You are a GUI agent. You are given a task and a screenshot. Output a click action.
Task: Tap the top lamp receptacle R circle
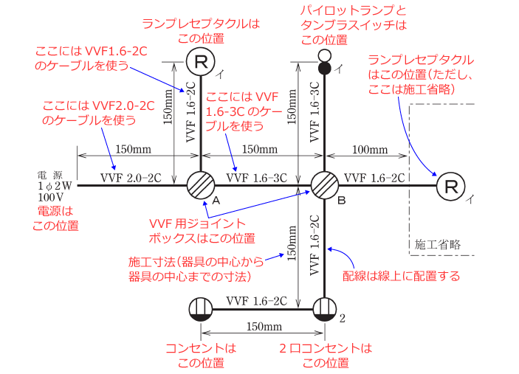pyautogui.click(x=200, y=60)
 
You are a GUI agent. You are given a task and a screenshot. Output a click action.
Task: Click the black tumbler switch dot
pyautogui.click(x=324, y=69)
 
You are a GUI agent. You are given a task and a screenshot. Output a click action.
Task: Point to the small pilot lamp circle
pyautogui.click(x=324, y=56)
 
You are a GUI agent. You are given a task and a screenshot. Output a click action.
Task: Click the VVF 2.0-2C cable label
pyautogui.click(x=131, y=177)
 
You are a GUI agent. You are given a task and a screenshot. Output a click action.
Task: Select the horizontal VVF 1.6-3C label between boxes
pyautogui.click(x=256, y=177)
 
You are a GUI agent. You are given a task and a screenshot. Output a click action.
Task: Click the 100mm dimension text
pyautogui.click(x=368, y=150)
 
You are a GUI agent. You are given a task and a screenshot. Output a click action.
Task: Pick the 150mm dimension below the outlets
pyautogui.click(x=262, y=327)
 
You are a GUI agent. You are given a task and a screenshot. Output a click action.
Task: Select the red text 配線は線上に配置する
pyautogui.click(x=402, y=277)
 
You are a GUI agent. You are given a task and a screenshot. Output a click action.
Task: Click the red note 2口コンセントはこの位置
pyautogui.click(x=326, y=356)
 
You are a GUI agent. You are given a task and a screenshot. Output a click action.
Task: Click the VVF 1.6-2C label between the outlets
pyautogui.click(x=256, y=300)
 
